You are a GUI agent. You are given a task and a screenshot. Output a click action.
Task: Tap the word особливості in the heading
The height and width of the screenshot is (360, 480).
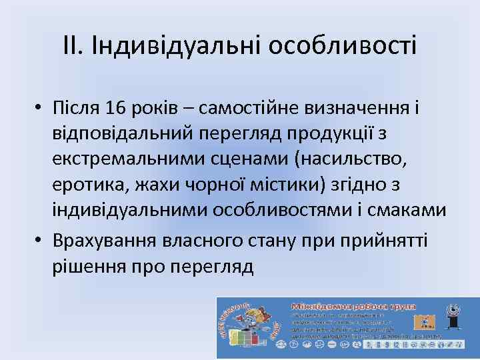coord(343,46)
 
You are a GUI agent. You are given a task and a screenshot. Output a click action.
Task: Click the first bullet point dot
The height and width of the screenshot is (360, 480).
coord(41,108)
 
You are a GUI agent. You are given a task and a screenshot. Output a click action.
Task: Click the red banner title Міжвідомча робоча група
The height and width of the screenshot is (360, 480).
coord(353,307)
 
